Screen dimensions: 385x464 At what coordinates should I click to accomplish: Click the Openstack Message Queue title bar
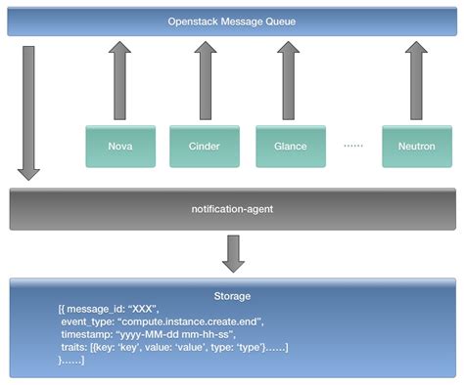tap(232, 20)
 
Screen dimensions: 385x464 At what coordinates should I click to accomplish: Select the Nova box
tap(119, 146)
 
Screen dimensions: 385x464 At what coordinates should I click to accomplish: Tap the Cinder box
tap(203, 146)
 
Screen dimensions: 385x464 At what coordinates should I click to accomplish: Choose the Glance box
tap(290, 146)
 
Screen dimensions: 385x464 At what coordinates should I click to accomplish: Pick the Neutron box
tap(416, 146)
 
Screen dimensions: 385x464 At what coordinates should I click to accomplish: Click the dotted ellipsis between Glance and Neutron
tap(353, 146)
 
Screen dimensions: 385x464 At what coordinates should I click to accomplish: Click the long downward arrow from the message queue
tap(29, 107)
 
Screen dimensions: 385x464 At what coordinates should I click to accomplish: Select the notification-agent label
tap(232, 209)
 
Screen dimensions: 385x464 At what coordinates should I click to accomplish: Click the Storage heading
tap(233, 295)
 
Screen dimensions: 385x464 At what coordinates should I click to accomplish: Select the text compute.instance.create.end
tap(195, 321)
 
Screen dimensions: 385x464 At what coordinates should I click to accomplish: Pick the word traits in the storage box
tap(76, 348)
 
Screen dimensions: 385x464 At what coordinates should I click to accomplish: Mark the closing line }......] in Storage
tap(71, 361)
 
